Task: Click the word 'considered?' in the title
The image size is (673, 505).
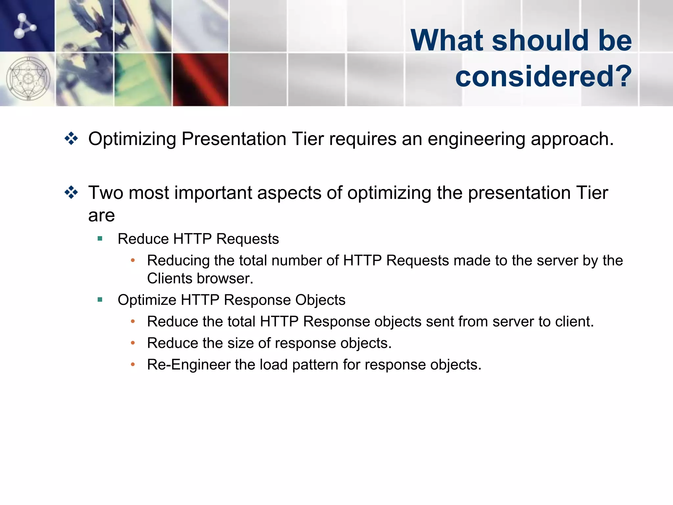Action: [543, 76]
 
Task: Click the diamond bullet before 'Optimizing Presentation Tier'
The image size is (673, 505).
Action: [71, 138]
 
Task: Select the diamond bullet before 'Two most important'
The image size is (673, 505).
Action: [71, 192]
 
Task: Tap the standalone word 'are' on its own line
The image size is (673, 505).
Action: [102, 216]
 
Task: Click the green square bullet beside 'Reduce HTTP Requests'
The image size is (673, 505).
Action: [100, 238]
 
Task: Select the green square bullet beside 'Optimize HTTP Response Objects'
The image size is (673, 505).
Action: [100, 300]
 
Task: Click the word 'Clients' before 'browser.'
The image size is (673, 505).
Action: [170, 278]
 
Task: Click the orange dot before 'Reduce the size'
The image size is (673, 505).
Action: [133, 343]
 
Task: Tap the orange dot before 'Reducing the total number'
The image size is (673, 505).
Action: [133, 260]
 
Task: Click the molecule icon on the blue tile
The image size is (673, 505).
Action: [25, 26]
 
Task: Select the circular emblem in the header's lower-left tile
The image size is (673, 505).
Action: [28, 79]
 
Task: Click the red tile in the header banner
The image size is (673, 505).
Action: [200, 80]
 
